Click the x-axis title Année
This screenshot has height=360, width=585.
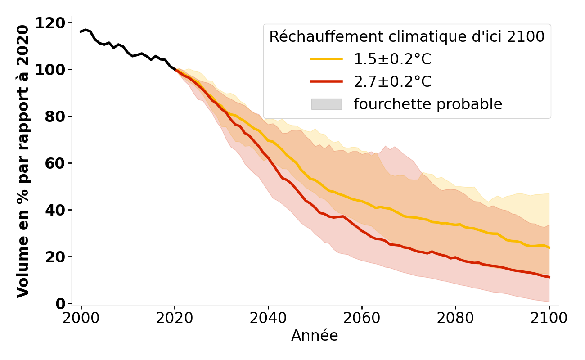315,336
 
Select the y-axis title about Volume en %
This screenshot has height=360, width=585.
23,162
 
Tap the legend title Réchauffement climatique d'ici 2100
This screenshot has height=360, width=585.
407,37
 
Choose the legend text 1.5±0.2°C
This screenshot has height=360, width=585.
392,59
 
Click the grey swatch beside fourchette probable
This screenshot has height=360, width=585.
326,104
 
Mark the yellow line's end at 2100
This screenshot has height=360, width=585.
549,247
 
